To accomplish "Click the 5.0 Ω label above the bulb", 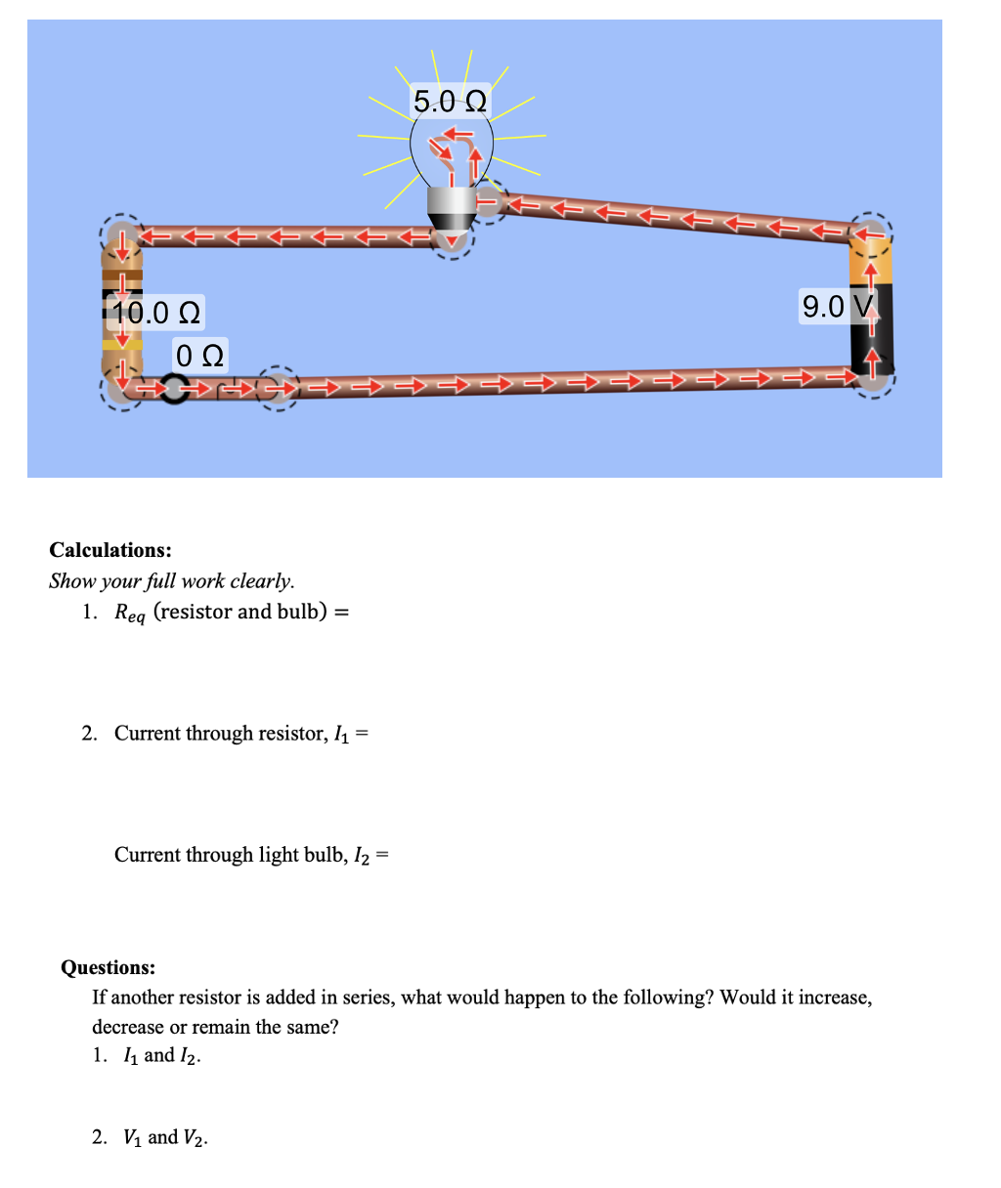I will pyautogui.click(x=450, y=101).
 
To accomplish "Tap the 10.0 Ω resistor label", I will pyautogui.click(x=156, y=314).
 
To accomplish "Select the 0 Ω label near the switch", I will pyautogui.click(x=200, y=355).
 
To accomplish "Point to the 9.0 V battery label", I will pyautogui.click(x=836, y=307).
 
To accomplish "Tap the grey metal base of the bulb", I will pyautogui.click(x=452, y=206).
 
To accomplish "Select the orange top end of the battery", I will pyautogui.click(x=868, y=264).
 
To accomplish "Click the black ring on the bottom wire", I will pyautogui.click(x=174, y=389).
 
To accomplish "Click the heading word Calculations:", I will pyautogui.click(x=110, y=550).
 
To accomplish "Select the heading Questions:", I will pyautogui.click(x=108, y=967).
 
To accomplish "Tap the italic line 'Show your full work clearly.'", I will pyautogui.click(x=172, y=581).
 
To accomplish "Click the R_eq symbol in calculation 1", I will pyautogui.click(x=129, y=614).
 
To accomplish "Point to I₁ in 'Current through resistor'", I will pyautogui.click(x=340, y=735).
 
